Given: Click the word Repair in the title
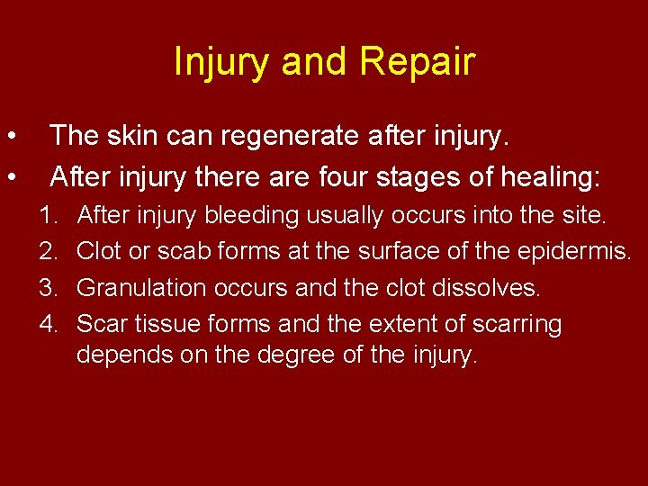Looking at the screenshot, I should pyautogui.click(x=417, y=63).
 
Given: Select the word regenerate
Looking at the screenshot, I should pyautogui.click(x=299, y=137).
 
